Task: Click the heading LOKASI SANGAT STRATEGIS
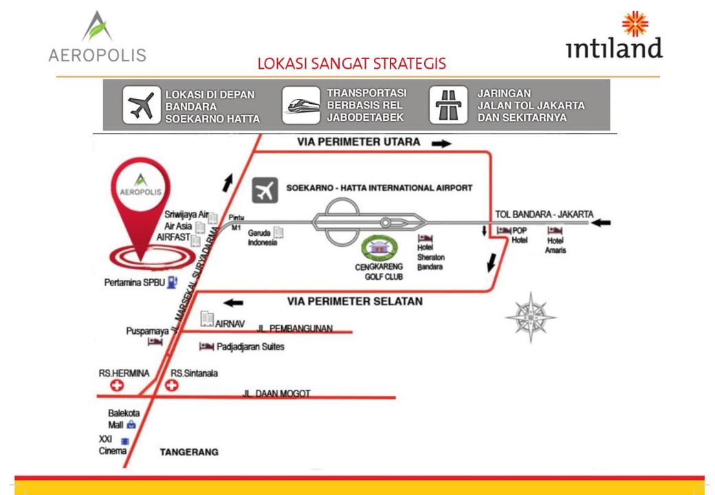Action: [x=351, y=64]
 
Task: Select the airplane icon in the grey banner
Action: [x=142, y=105]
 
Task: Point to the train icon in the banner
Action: [x=301, y=105]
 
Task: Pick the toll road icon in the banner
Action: [x=448, y=105]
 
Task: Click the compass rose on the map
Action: [x=531, y=318]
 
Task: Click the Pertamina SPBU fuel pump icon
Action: [x=172, y=282]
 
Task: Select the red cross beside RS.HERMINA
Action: [x=117, y=386]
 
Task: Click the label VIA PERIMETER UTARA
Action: [x=358, y=142]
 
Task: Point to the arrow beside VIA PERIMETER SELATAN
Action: [x=234, y=302]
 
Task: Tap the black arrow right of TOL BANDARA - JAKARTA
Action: [x=600, y=222]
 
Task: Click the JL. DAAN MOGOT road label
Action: [x=276, y=393]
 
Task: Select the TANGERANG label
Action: [x=189, y=452]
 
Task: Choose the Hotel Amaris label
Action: [x=555, y=245]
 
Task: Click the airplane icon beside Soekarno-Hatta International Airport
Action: [x=265, y=190]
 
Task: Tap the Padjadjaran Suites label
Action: [x=250, y=346]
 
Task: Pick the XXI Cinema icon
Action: [x=124, y=441]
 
